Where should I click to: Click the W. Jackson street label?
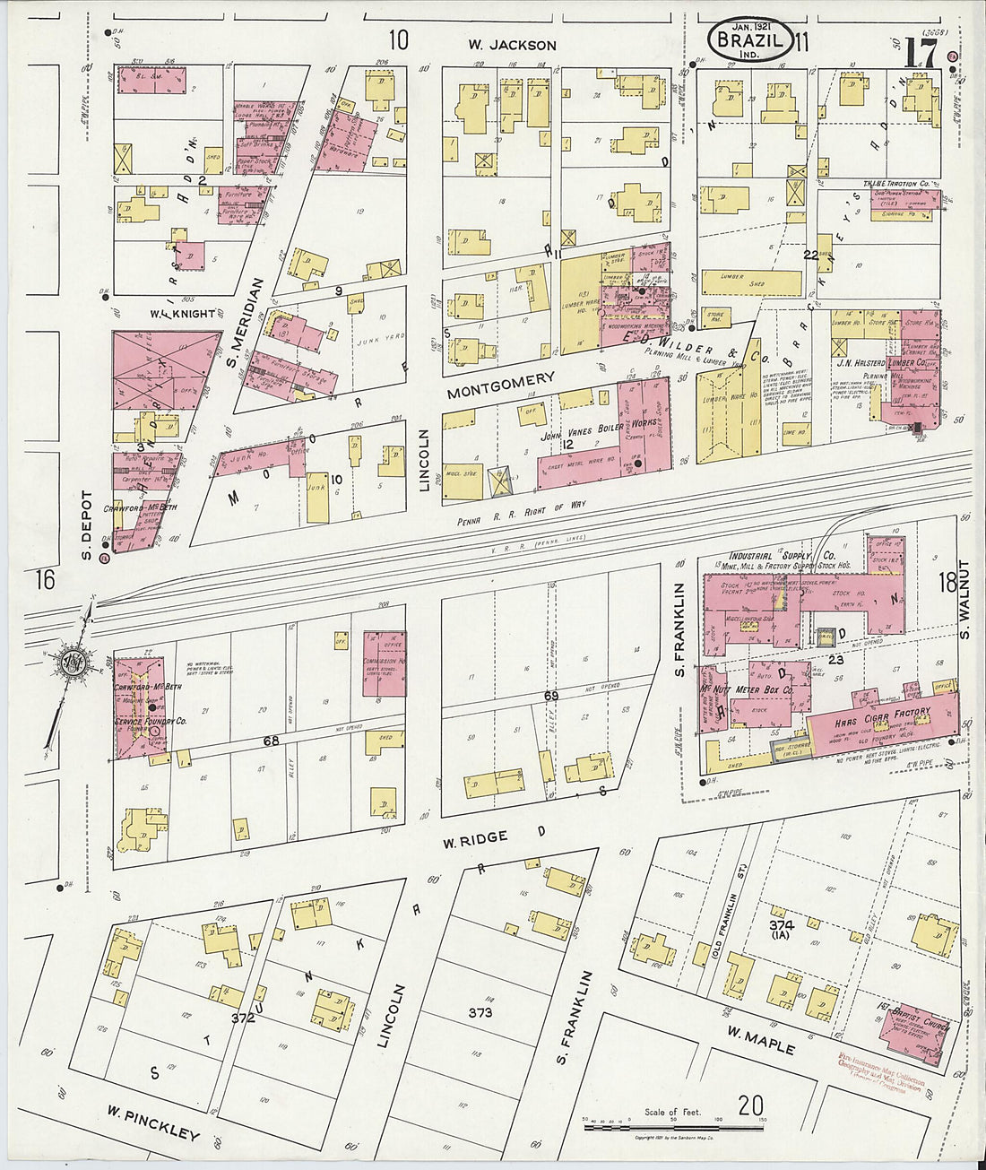(512, 45)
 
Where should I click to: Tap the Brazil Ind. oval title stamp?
(749, 42)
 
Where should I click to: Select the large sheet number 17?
(921, 54)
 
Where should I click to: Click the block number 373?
(480, 1012)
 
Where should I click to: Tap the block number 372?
(243, 1018)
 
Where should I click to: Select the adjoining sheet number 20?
(751, 1105)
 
